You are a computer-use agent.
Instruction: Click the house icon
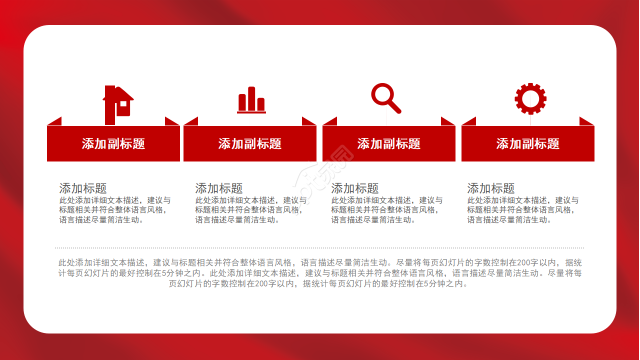coord(118,105)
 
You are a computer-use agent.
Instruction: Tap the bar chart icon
coord(251,99)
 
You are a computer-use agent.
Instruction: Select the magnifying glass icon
coord(386,98)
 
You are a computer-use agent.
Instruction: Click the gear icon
coord(530,99)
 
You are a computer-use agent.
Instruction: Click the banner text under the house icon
coord(113,143)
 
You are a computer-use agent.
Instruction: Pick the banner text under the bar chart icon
coord(250,143)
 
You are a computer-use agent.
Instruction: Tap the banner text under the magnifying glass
coord(389,143)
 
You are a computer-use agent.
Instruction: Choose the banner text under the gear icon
coord(527,143)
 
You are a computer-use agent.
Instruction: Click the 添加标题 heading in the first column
coord(83,188)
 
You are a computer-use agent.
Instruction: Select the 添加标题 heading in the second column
coord(219,188)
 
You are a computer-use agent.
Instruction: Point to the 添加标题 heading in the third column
coord(355,188)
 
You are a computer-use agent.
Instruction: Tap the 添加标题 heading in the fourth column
coord(491,188)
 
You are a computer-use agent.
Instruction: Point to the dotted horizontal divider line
coord(319,248)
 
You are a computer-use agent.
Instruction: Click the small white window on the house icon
coord(123,103)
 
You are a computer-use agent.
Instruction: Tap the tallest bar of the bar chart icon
coord(251,98)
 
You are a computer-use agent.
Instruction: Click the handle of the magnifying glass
coord(395,107)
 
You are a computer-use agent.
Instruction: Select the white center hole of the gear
coord(530,99)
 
